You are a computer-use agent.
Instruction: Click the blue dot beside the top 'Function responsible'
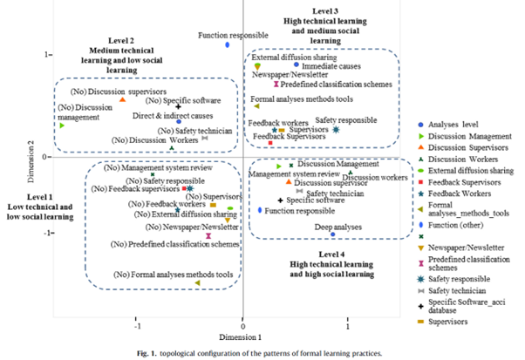227,44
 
